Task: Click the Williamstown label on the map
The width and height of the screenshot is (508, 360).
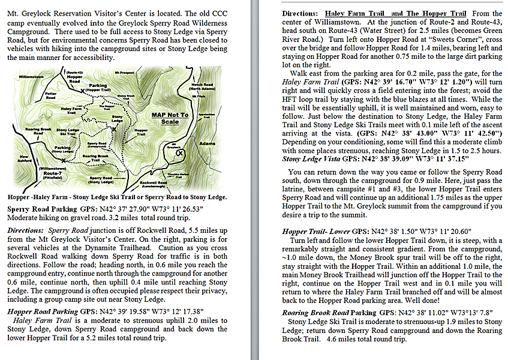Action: click(30, 77)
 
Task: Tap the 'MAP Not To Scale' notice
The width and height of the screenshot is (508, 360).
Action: click(170, 118)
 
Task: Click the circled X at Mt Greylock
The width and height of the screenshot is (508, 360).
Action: click(180, 153)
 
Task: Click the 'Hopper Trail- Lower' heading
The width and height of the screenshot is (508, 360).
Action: click(317, 230)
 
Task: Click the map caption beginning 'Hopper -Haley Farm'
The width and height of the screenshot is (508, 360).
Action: click(117, 196)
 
